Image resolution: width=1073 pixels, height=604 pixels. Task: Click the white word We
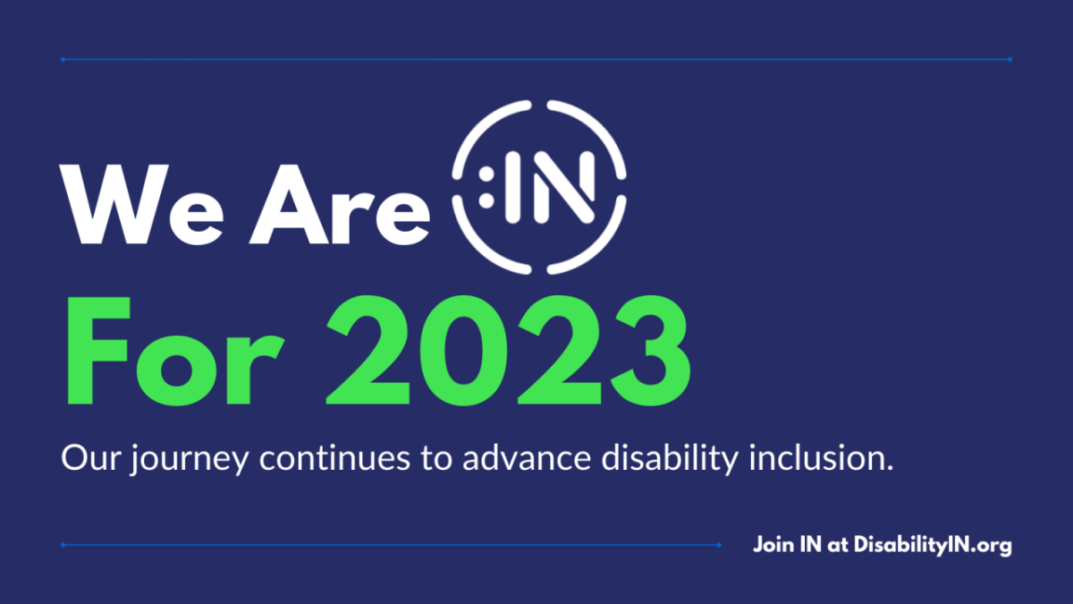tap(141, 205)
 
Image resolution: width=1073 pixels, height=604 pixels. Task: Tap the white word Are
tap(339, 205)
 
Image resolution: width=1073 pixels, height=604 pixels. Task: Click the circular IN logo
tap(539, 187)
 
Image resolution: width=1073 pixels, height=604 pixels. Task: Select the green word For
tap(175, 351)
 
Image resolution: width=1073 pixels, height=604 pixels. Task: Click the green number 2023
tap(508, 351)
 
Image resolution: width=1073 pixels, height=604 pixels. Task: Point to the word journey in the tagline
tap(190, 460)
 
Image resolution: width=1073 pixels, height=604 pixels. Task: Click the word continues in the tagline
tap(334, 458)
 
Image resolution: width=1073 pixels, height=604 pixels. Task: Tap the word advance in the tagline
tap(527, 458)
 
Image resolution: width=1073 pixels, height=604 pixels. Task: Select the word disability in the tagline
tap(670, 459)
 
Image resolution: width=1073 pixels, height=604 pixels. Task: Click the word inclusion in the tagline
tap(821, 458)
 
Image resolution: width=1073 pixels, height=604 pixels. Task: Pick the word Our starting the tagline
tap(90, 459)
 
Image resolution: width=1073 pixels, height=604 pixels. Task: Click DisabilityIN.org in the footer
tap(933, 546)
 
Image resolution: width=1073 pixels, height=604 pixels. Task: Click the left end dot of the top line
tap(63, 59)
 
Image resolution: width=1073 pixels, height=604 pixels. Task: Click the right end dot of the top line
tap(1010, 59)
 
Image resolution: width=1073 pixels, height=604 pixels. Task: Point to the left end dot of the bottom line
tap(63, 545)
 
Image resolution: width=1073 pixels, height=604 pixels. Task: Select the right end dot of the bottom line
tap(719, 545)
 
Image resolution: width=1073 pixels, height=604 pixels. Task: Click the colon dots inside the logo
tap(486, 187)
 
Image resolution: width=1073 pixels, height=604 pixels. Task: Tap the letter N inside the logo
tap(564, 187)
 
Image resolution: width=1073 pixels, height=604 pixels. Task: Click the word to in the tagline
tap(437, 459)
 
